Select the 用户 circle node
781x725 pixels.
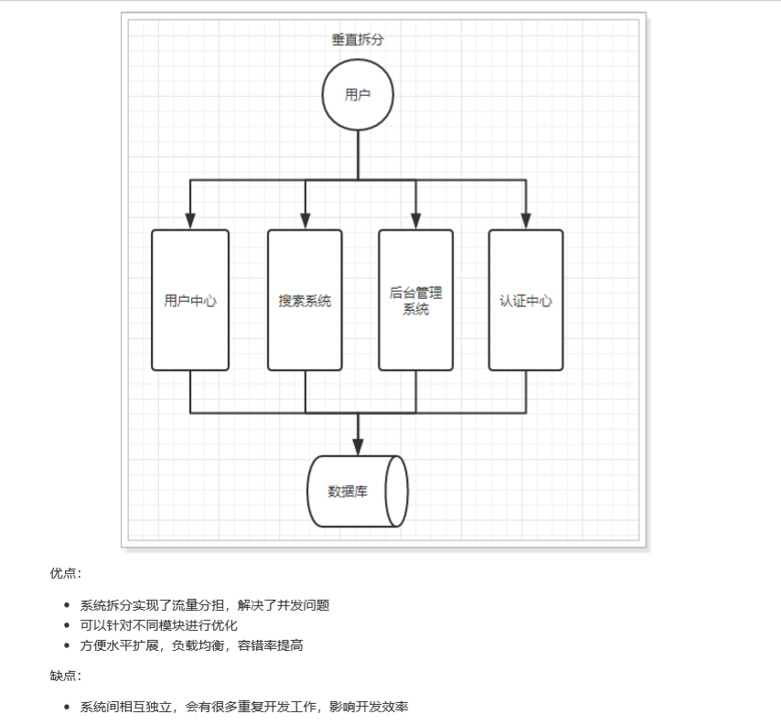[x=358, y=95]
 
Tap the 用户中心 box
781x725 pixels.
[x=190, y=300]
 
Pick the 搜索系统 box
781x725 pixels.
[x=305, y=300]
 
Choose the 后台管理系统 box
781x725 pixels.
[x=415, y=300]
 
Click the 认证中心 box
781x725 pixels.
[x=526, y=300]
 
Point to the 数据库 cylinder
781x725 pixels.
[x=357, y=491]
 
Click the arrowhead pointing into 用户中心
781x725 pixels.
[x=190, y=220]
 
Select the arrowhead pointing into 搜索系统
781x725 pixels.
[x=305, y=220]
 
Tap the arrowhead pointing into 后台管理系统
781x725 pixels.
[x=415, y=220]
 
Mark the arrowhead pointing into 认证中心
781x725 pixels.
[x=526, y=220]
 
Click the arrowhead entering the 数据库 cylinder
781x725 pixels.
[x=358, y=445]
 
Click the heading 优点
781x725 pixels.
[x=65, y=573]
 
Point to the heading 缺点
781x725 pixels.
[x=65, y=676]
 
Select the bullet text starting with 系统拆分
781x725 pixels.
[x=204, y=604]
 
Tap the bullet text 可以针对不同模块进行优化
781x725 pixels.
[x=158, y=625]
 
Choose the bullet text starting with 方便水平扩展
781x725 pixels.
[x=191, y=645]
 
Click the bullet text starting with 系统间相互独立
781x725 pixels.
[x=243, y=707]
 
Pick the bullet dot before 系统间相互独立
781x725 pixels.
[x=67, y=707]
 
